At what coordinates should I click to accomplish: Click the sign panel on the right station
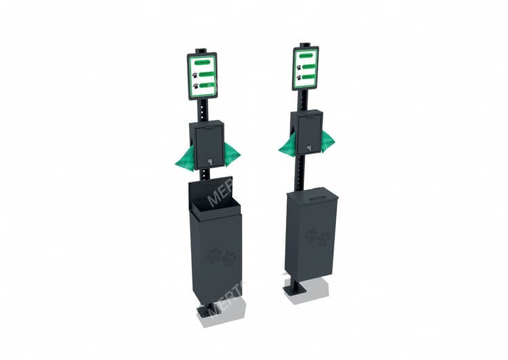306,68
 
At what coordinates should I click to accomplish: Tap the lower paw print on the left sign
196,86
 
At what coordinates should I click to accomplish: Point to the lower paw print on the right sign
299,77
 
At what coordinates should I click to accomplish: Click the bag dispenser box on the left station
208,144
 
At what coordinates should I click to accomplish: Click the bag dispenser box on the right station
308,132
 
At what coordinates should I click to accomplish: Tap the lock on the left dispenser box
210,161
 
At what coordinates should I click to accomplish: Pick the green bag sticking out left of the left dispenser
185,157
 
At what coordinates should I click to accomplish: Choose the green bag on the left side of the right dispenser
287,144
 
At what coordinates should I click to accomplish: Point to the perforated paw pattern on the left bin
221,257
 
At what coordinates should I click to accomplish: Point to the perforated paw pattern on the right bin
318,236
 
